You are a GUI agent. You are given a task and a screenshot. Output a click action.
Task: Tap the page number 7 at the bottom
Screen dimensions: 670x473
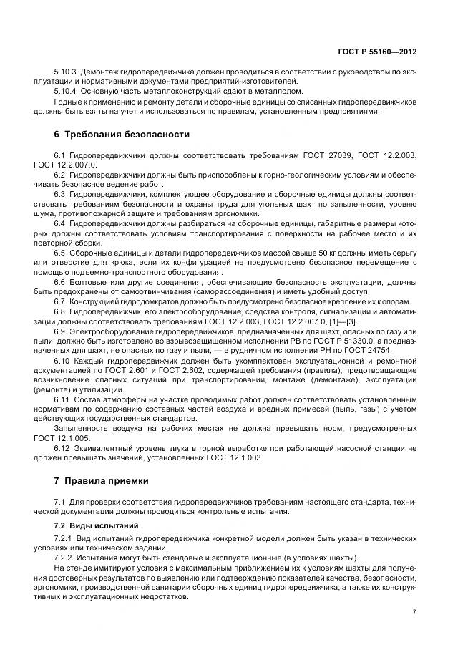click(x=415, y=612)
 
